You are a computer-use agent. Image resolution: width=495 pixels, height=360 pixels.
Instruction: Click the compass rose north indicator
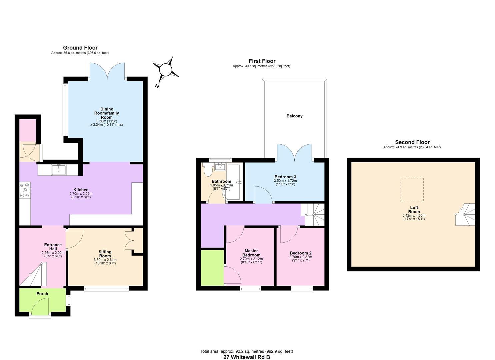coord(165,70)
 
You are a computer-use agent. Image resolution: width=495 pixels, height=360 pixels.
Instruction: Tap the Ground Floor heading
coord(80,48)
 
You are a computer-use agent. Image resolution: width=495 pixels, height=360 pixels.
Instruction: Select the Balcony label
coord(294,116)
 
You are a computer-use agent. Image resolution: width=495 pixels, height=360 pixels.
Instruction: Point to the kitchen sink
coord(59,170)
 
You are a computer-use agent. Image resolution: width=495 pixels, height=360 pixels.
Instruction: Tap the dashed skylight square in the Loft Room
coord(412,189)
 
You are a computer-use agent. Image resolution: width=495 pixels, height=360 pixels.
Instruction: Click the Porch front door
coord(40,306)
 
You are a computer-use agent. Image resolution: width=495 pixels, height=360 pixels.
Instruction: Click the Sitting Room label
coord(105,254)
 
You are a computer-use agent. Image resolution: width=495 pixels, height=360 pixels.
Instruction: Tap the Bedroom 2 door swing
coord(289,234)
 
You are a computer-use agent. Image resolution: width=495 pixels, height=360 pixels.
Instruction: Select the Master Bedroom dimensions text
coord(251,261)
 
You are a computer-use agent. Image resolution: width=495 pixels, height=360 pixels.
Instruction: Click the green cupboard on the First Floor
coord(212,268)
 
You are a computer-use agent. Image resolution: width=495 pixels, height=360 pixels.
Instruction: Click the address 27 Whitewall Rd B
coord(246,357)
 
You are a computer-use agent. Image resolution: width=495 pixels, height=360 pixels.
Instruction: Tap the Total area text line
coord(246,351)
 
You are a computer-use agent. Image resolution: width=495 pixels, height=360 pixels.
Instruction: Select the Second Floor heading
coord(412,142)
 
